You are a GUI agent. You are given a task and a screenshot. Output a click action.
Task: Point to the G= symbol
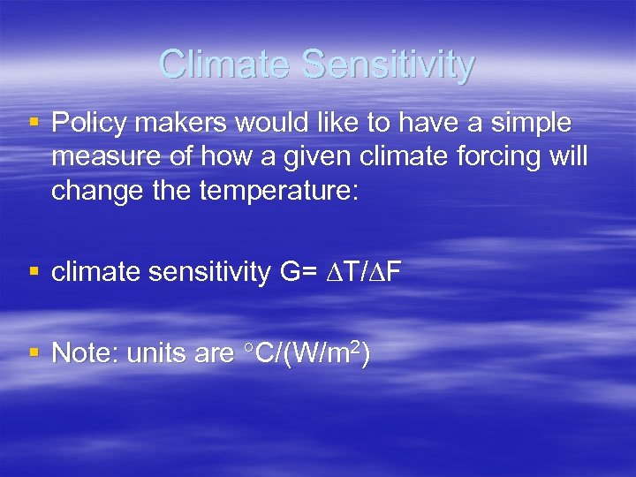coord(299,273)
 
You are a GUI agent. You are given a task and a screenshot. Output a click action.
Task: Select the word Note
coord(85,353)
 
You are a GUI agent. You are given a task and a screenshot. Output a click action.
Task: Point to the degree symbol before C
coord(249,348)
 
